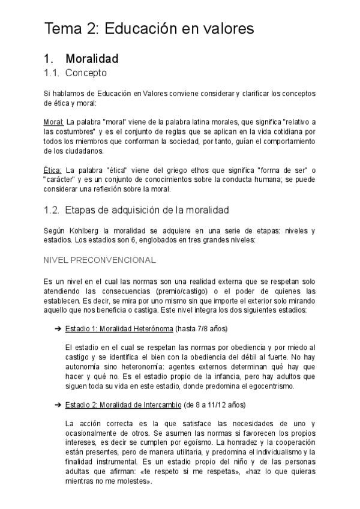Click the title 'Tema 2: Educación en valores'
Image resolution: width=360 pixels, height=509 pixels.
pos(149,29)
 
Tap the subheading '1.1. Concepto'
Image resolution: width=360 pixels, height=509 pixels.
pos(75,73)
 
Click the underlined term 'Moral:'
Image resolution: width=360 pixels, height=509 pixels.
pos(54,122)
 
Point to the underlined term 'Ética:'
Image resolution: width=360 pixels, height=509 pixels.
pos(53,170)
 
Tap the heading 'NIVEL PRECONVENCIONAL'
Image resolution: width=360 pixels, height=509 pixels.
pos(100,260)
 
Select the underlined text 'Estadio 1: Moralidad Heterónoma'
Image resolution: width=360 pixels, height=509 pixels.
pos(119,329)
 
